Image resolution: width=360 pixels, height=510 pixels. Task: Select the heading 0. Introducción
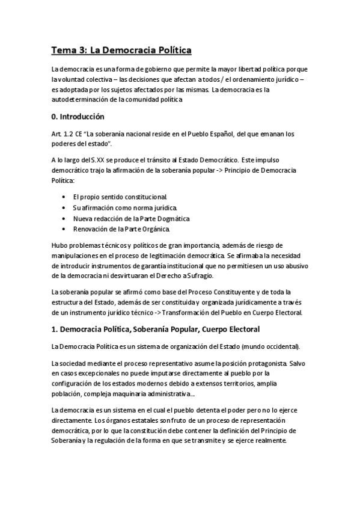click(78, 117)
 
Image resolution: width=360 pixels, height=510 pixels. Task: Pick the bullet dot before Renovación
click(64, 229)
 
